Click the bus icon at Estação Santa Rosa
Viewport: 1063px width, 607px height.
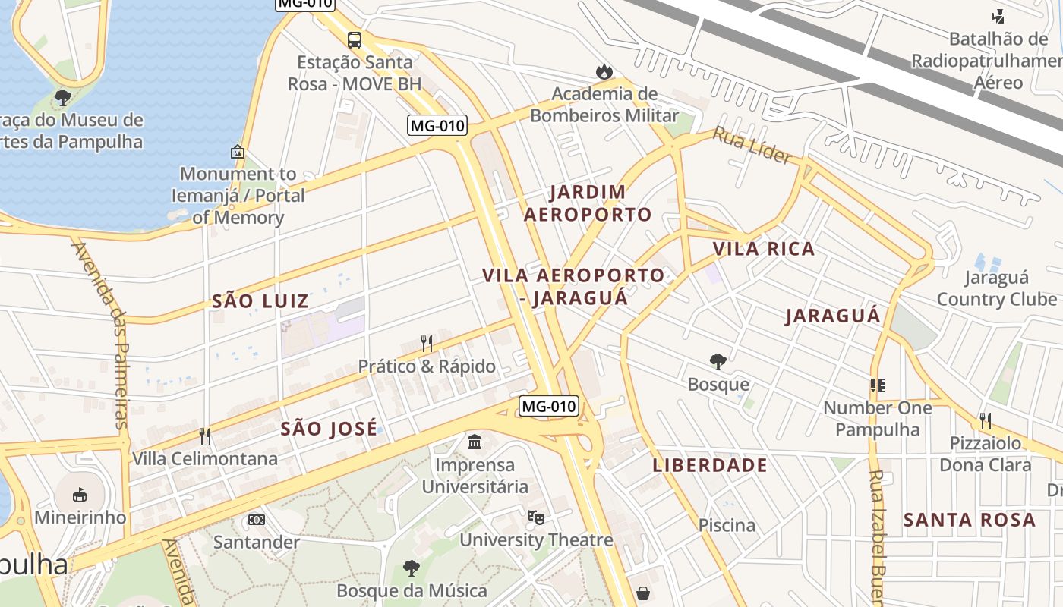tap(355, 40)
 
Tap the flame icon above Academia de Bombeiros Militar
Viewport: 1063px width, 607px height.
tap(604, 72)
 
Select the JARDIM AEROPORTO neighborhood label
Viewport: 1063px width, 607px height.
tap(588, 203)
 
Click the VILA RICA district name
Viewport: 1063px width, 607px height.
tap(764, 249)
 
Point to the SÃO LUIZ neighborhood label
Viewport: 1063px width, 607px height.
tap(260, 301)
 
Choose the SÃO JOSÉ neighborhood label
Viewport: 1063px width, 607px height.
tap(329, 429)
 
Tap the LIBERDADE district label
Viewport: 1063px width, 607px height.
tap(710, 466)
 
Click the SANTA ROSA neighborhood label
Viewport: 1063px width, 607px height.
tap(969, 520)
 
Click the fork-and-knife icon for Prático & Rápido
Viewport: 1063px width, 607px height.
tap(427, 344)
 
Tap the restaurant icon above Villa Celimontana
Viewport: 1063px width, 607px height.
tap(205, 436)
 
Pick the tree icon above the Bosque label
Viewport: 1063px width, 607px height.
tap(718, 361)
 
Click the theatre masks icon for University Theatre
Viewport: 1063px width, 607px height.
tap(536, 517)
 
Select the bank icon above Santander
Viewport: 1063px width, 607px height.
tap(257, 520)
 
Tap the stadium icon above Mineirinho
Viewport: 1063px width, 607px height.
tap(79, 495)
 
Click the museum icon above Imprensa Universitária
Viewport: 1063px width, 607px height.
tap(475, 442)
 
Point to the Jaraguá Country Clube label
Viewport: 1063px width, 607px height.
tap(996, 288)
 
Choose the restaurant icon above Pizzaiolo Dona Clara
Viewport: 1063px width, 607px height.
tap(986, 420)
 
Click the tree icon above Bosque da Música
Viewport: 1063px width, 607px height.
tap(411, 568)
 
